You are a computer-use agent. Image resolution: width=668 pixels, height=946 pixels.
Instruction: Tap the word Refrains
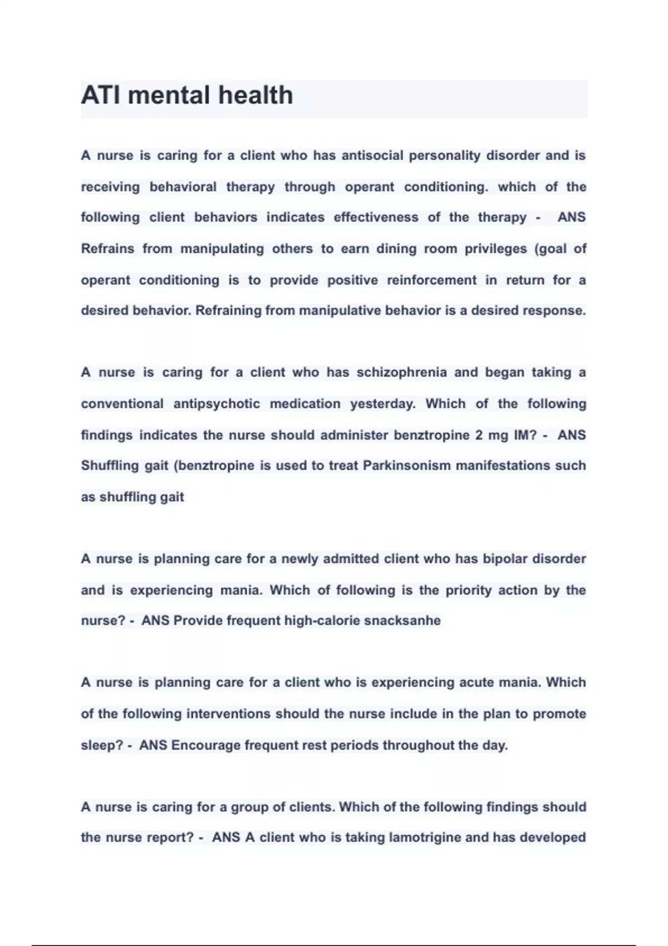tap(107, 249)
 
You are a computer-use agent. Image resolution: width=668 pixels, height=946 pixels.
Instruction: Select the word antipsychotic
tap(217, 403)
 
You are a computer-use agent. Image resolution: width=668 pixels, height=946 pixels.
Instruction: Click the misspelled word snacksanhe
tap(402, 620)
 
